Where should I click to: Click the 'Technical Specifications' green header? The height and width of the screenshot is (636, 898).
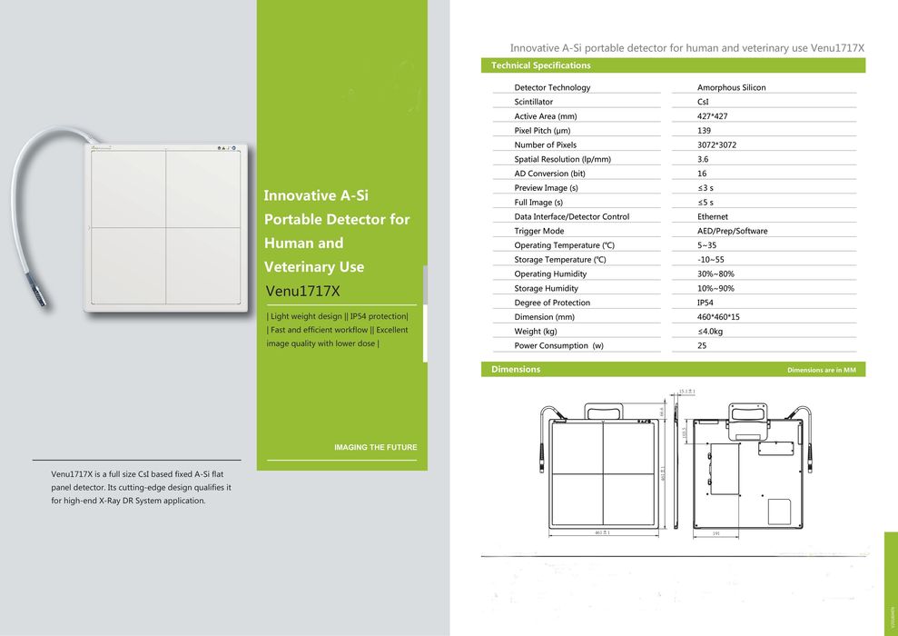[541, 65]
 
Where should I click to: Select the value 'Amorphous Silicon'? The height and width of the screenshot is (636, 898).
[731, 87]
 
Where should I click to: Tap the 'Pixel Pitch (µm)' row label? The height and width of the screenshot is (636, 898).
[542, 131]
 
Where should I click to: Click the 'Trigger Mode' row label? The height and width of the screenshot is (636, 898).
[538, 231]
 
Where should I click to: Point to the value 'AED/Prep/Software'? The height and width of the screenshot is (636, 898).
[732, 231]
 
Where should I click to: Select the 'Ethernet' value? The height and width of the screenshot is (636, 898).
[713, 216]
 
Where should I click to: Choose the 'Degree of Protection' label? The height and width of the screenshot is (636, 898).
[552, 303]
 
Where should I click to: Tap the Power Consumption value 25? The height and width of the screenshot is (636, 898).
[702, 346]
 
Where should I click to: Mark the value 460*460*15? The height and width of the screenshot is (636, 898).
[718, 317]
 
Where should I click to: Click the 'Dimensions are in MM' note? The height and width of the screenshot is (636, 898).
[821, 370]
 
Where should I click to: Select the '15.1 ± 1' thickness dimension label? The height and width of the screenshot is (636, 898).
[686, 392]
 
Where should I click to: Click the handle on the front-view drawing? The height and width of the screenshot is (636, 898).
[602, 411]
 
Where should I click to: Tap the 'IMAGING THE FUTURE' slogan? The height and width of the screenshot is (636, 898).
[376, 447]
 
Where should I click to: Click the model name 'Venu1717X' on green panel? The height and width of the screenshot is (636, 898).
[302, 292]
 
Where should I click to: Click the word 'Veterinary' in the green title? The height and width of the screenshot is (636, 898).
[301, 267]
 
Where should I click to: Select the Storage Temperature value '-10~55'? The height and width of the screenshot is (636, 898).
[710, 260]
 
